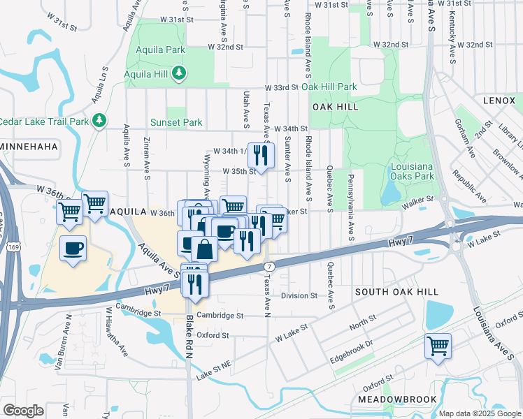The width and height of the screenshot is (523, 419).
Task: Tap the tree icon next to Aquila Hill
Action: pyautogui.click(x=180, y=73)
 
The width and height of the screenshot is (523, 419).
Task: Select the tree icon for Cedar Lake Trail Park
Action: pyautogui.click(x=99, y=120)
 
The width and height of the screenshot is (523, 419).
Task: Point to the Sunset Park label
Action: pyautogui.click(x=176, y=122)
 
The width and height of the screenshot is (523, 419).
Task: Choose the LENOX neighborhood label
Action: pyautogui.click(x=499, y=101)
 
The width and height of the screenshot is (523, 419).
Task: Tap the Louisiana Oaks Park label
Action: pyautogui.click(x=410, y=172)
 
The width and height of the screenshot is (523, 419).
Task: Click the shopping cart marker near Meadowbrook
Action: pyautogui.click(x=438, y=346)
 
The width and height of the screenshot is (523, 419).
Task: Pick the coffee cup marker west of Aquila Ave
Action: pyautogui.click(x=73, y=249)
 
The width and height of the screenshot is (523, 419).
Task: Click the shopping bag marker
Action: pyautogui.click(x=206, y=249)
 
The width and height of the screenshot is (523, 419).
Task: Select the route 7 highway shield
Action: pyautogui.click(x=269, y=267)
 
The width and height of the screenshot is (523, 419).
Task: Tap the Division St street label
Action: pyautogui.click(x=299, y=295)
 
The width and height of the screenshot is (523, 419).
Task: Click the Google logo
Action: pyautogui.click(x=23, y=410)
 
